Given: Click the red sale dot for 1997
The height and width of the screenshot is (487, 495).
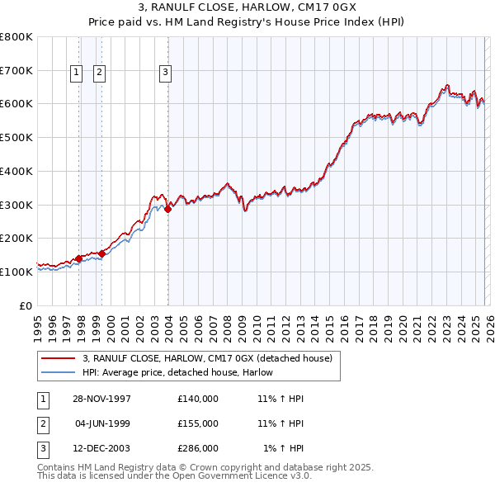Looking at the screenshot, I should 79,258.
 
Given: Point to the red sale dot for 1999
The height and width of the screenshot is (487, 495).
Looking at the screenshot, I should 101,253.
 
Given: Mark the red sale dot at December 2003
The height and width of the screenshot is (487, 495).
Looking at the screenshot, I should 167,210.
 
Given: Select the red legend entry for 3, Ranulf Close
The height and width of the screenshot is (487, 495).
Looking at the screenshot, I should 207,359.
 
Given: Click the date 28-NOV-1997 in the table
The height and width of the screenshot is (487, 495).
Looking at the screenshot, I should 103,399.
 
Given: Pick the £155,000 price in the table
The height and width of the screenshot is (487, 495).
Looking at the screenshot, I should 198,423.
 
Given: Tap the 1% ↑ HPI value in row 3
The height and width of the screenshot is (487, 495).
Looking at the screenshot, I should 283,449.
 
